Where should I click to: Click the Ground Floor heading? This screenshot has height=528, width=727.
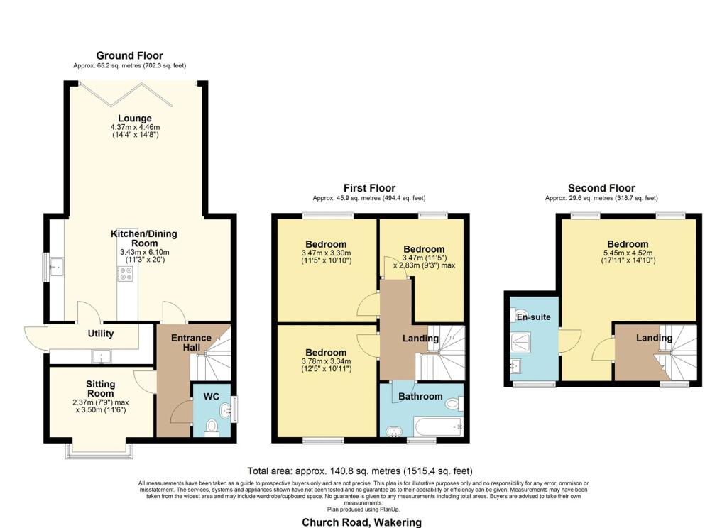pos(129,55)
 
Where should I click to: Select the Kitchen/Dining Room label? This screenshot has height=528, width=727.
pos(143,234)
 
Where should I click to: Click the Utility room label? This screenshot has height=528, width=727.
pos(101,334)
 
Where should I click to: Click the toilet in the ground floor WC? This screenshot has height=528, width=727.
pos(211,427)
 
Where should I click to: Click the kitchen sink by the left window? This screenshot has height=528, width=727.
pos(56,267)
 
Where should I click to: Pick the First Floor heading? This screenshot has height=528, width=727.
pos(368,188)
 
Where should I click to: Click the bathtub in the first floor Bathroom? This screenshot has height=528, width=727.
pos(433,427)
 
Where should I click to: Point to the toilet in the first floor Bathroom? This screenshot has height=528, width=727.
pos(452,404)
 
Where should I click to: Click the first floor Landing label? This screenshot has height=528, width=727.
pos(420,339)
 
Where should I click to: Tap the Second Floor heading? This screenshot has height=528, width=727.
pos(601,188)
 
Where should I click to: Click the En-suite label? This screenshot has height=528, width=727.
pos(532,317)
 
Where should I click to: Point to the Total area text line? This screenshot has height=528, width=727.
pos(359,471)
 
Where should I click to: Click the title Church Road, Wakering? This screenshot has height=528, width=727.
pos(361,522)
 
